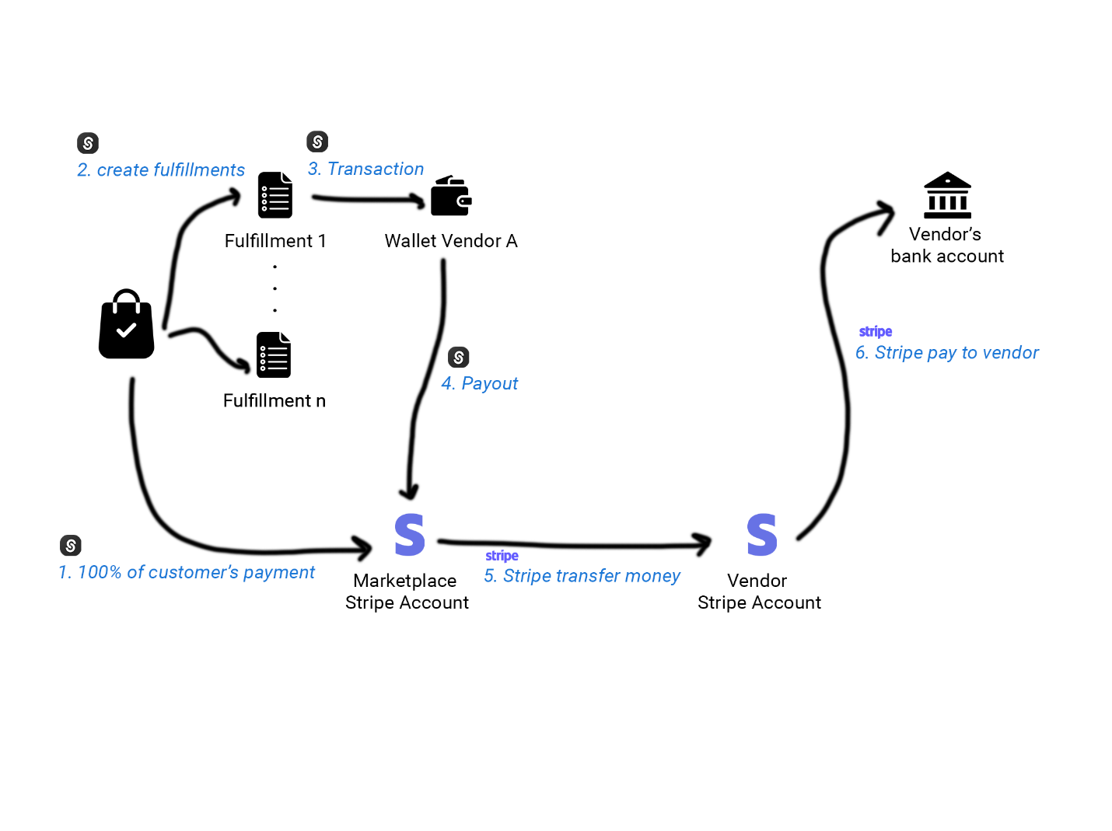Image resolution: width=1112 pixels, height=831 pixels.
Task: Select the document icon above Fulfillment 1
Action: [x=275, y=195]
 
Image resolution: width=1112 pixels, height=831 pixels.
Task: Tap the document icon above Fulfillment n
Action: [x=274, y=355]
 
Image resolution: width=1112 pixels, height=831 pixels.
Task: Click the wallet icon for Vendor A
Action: [x=451, y=196]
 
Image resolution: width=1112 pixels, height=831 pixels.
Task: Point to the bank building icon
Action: [x=946, y=195]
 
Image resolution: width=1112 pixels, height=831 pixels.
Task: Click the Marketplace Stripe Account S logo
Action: [x=409, y=535]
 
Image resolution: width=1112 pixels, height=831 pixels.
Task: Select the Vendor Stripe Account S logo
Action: [x=761, y=535]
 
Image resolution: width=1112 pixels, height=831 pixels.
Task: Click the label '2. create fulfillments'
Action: [x=161, y=170]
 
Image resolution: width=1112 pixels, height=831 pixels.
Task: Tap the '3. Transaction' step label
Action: [x=365, y=169]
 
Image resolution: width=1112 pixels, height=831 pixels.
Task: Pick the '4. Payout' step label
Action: [x=479, y=383]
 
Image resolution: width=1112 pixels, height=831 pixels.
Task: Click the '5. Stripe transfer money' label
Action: [x=582, y=576]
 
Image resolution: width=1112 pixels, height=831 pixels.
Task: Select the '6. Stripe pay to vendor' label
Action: [x=946, y=353]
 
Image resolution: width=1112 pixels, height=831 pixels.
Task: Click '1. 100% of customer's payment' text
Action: [x=187, y=572]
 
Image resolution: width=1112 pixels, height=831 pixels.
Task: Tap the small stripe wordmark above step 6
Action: [x=875, y=332]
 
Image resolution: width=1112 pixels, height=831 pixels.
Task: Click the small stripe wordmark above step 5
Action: [x=502, y=556]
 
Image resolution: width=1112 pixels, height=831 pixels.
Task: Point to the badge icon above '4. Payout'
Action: [x=459, y=357]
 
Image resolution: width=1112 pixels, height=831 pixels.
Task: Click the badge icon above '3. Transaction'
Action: [x=317, y=141]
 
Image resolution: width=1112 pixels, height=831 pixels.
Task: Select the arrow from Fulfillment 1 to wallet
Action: [x=369, y=200]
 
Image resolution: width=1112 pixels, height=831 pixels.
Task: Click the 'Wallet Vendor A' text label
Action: [x=451, y=241]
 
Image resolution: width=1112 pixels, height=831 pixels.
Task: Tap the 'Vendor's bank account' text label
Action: [x=946, y=245]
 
